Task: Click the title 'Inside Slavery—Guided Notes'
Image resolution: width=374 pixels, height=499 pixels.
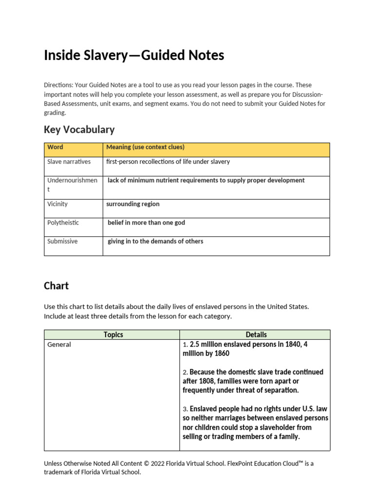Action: [x=134, y=56]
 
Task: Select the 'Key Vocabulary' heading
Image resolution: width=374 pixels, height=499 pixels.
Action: [x=79, y=130]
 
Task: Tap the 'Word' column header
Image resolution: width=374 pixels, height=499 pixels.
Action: [x=55, y=147]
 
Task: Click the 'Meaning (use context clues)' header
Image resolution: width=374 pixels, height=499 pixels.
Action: [x=145, y=147]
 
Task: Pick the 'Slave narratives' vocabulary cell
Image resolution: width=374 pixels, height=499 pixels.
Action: [x=69, y=162]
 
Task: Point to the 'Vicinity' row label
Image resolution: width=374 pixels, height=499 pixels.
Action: [x=57, y=204]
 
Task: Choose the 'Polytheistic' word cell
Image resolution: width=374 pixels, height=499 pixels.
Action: [x=63, y=223]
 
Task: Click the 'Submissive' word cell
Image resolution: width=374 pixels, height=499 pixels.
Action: [x=62, y=241]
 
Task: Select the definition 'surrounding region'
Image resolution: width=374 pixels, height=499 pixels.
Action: [x=133, y=204]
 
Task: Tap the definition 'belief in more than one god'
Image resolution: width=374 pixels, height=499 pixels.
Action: [x=146, y=223]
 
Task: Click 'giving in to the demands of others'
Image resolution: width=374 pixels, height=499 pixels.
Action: [x=155, y=241]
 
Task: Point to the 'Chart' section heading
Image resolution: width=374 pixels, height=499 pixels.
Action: [x=56, y=286]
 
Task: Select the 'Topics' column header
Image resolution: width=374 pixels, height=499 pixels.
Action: [x=113, y=335]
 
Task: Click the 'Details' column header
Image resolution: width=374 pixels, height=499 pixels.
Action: [x=256, y=335]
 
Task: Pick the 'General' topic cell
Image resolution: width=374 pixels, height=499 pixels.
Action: [x=59, y=345]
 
